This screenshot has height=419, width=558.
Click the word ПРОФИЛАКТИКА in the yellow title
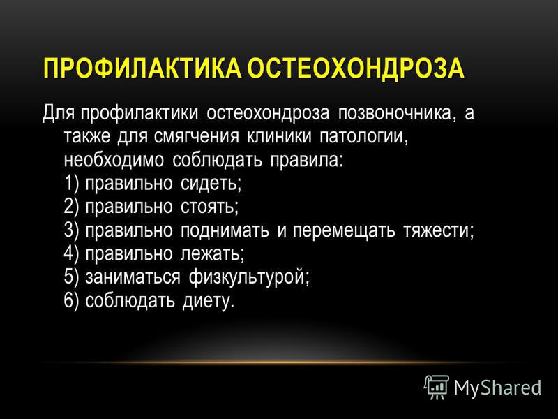pos(142,68)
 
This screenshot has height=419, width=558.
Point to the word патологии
pos(363,136)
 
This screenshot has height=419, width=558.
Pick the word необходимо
pos(114,160)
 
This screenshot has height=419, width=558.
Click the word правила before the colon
pos(305,161)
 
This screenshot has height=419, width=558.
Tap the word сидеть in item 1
pos(210,184)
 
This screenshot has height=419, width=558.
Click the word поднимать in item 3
pos(225,230)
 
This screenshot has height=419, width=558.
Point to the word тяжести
pos(438,230)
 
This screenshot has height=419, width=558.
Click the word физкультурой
pos(248,277)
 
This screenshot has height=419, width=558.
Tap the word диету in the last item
pos(208,301)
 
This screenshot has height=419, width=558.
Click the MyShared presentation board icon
pos(437,387)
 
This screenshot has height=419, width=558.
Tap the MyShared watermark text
pos(497,388)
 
